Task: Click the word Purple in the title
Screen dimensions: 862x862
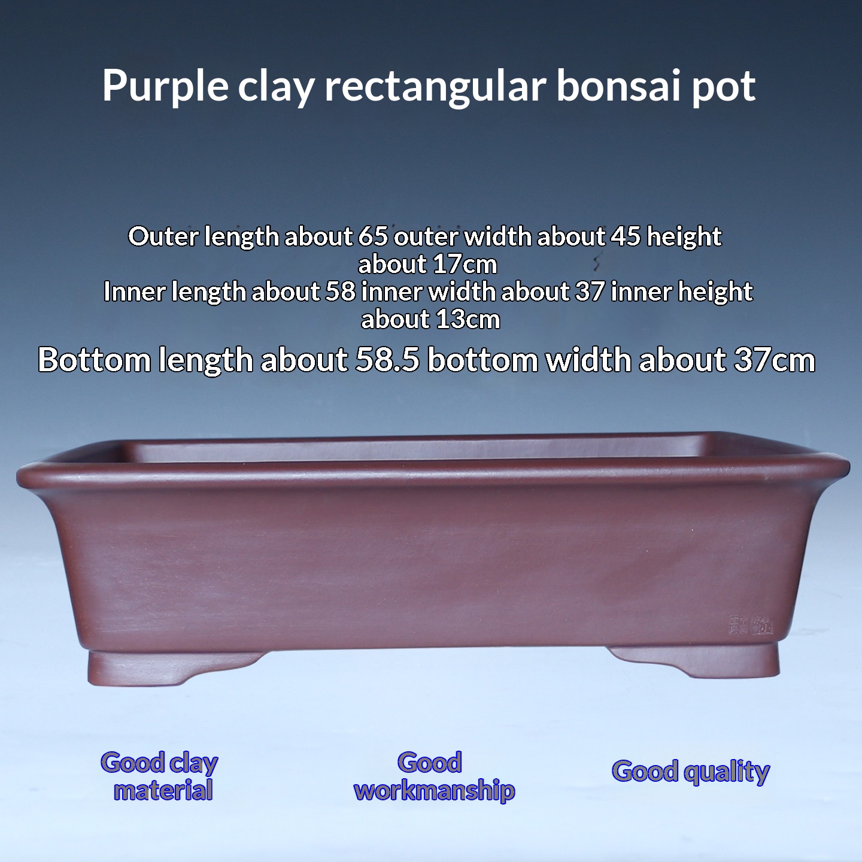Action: (165, 86)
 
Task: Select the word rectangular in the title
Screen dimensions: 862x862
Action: (435, 86)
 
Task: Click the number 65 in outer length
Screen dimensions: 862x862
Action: (374, 236)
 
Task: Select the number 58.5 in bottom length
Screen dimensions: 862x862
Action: (387, 360)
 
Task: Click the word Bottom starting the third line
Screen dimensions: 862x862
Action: (94, 360)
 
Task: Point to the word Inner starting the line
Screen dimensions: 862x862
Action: (132, 292)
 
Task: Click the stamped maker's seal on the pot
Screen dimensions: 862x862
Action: (750, 626)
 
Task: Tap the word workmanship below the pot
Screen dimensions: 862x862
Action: (435, 790)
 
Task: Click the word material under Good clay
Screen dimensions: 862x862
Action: (163, 790)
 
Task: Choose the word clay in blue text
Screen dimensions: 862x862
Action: (193, 763)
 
